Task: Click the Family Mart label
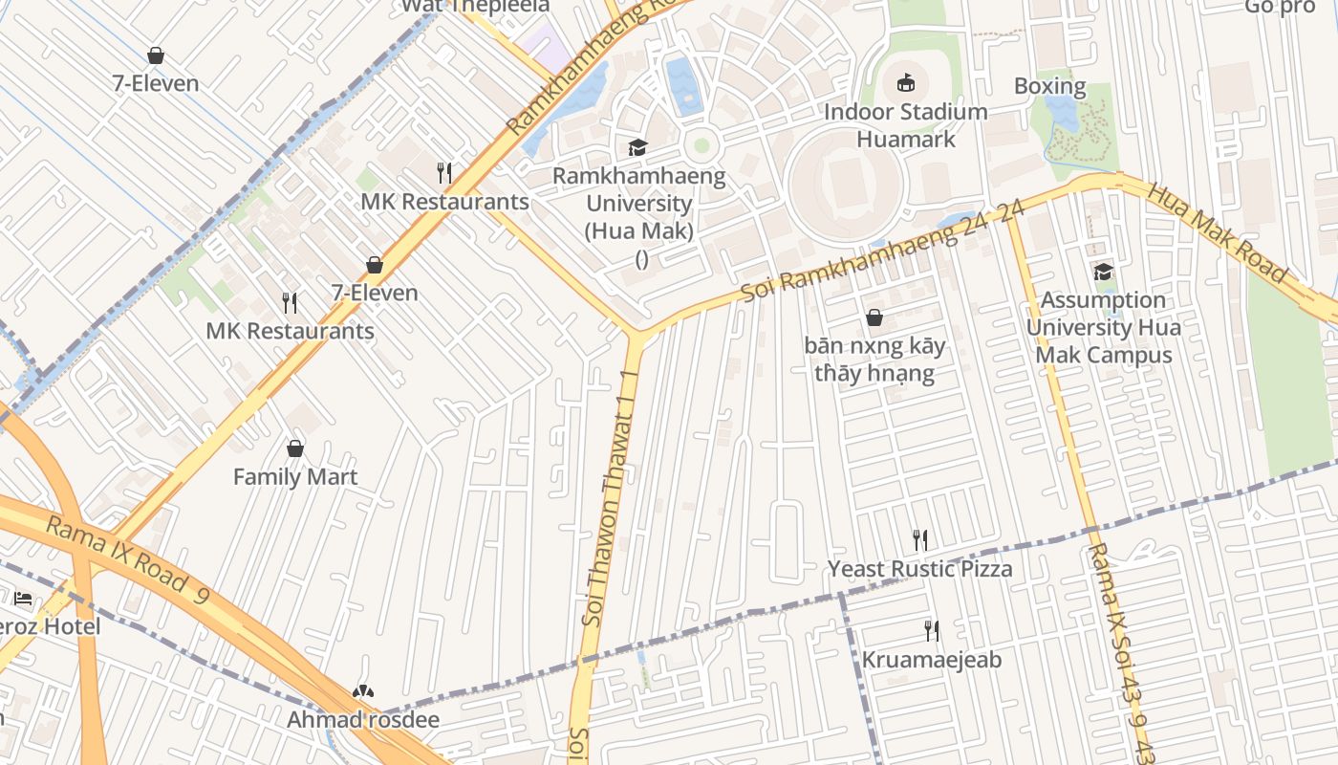[295, 476]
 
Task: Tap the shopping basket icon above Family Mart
[295, 448]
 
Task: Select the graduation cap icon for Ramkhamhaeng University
[637, 147]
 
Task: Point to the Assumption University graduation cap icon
[1103, 272]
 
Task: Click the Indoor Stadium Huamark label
[905, 125]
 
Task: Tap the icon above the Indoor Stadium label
[905, 83]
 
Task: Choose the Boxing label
[1049, 86]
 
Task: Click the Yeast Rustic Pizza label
[919, 569]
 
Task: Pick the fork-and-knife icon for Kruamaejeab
[932, 631]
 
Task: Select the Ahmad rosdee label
[363, 720]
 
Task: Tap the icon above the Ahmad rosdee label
[363, 690]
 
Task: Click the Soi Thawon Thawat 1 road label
[611, 497]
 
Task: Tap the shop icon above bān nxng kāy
[874, 317]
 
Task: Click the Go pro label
[1279, 8]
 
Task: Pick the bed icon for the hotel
[23, 599]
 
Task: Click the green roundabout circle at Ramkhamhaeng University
[702, 145]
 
